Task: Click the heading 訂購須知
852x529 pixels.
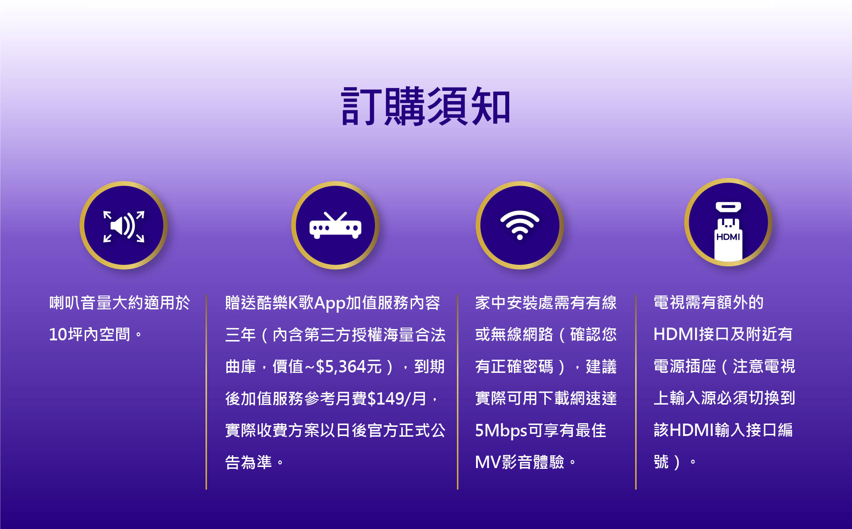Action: [x=426, y=106]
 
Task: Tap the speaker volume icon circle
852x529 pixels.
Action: [x=124, y=225]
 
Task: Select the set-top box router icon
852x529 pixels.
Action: [x=335, y=225]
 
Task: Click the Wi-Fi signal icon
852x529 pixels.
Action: [x=519, y=225]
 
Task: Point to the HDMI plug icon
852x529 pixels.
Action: [x=728, y=231]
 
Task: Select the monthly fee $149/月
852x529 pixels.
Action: [x=397, y=398]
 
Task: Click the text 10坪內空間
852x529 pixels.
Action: [x=89, y=335]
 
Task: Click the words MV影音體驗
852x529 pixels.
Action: [x=519, y=462]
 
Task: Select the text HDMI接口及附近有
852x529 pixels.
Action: [x=723, y=334]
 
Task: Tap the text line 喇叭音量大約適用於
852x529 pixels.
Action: [x=120, y=303]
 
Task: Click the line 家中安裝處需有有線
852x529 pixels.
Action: [x=546, y=303]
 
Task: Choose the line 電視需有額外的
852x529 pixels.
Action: [x=709, y=302]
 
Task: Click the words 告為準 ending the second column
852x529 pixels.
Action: [x=249, y=462]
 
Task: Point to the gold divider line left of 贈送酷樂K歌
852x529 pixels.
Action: [x=206, y=392]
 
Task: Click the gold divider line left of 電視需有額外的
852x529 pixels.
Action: [x=636, y=392]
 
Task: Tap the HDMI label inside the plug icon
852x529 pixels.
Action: [x=728, y=237]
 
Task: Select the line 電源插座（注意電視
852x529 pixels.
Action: [x=724, y=366]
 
